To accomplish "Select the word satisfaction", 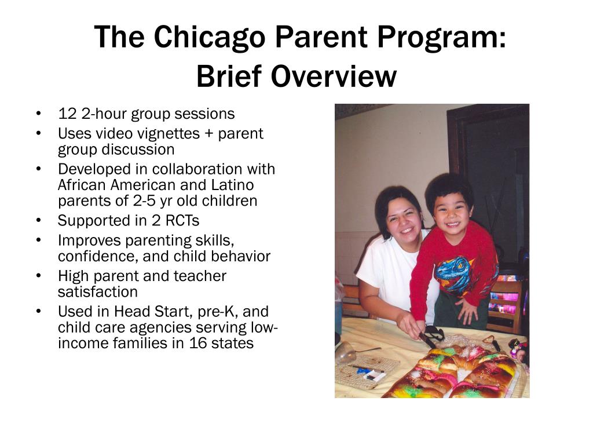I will point(97,291).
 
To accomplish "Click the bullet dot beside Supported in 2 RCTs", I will point(38,221).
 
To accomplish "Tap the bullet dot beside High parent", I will point(38,276).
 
